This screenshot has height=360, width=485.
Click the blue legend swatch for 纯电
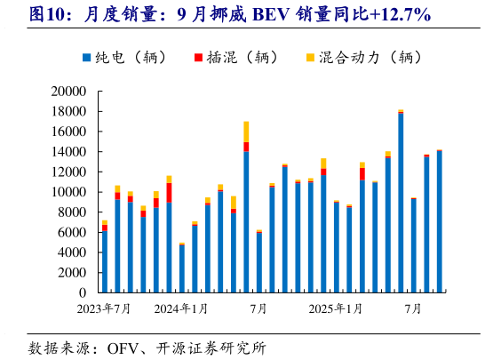click(85, 58)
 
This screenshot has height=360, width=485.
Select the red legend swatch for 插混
click(196, 58)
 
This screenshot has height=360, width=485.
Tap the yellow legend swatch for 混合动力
click(309, 58)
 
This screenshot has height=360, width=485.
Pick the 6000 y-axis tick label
click(71, 232)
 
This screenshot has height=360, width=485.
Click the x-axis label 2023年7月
click(104, 309)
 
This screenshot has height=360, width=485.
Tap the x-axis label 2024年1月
click(181, 309)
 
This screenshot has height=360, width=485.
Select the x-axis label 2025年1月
click(335, 309)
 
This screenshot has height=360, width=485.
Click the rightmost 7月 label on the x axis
click(413, 309)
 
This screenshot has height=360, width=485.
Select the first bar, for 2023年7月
click(105, 261)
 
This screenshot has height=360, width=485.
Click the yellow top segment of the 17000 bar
click(246, 132)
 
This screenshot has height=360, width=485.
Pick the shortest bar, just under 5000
click(182, 268)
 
